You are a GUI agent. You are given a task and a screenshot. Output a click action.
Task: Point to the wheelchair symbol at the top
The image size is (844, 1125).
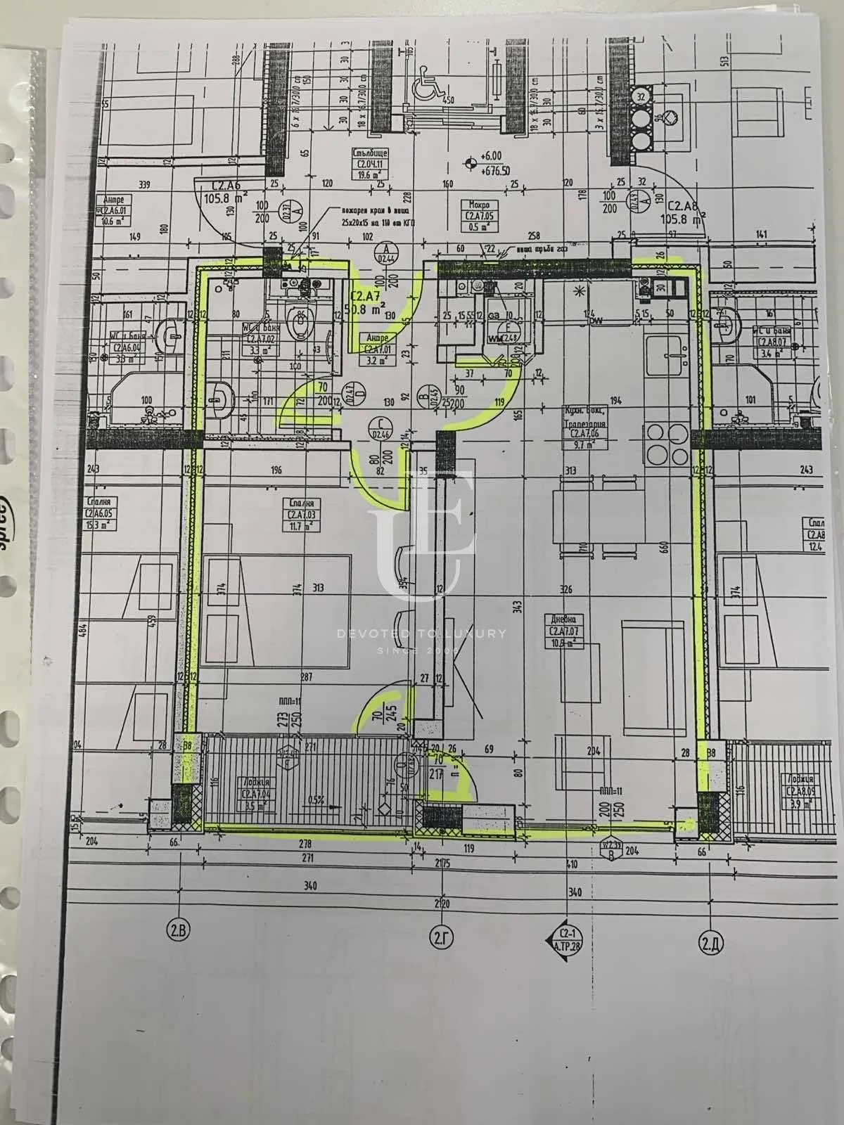coord(427,76)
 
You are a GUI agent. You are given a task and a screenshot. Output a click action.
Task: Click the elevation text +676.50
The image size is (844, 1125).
coord(497,170)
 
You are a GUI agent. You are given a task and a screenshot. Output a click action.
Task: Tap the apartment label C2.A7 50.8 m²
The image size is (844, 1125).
coord(371,305)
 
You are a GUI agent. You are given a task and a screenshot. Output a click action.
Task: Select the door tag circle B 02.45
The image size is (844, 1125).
coord(424,397)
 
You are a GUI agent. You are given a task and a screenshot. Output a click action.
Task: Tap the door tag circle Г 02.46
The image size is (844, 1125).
coord(383,427)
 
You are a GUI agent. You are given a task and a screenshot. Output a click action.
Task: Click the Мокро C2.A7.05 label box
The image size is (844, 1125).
coord(479,214)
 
